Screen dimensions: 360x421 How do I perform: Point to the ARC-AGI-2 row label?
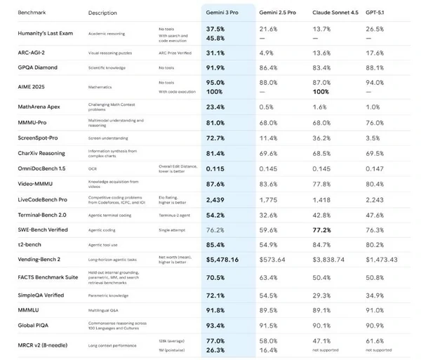point(32,53)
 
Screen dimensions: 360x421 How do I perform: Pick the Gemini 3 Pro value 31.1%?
point(215,53)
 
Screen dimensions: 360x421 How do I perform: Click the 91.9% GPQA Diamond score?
point(216,67)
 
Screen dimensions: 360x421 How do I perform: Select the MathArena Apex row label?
point(41,107)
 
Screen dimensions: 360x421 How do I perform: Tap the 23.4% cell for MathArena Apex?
point(215,107)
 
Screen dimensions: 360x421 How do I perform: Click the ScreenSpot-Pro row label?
point(40,138)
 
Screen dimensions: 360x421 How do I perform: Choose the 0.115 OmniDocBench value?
point(215,168)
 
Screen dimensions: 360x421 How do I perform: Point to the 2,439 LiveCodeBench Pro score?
point(215,199)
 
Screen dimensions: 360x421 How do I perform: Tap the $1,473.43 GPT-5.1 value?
point(382,260)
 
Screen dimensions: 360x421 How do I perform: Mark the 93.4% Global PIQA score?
point(215,326)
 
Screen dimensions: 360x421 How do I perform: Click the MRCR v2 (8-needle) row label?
point(47,345)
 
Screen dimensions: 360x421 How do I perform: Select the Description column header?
point(103,13)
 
